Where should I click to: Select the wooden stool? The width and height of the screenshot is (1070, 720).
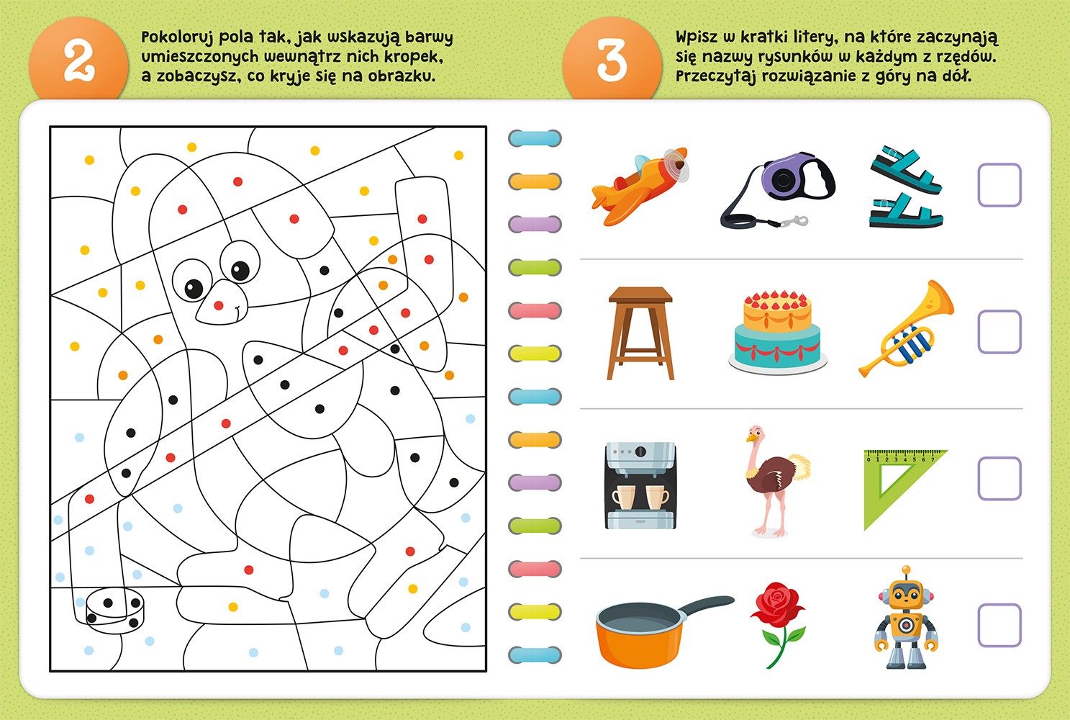coord(640,333)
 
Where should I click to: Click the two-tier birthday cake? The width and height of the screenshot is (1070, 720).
coord(777,331)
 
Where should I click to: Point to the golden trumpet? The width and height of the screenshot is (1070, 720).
coord(906,330)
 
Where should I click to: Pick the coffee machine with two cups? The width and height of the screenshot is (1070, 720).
coord(640,485)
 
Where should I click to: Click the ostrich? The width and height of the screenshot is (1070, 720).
coord(776,480)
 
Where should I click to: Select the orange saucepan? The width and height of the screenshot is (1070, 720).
coord(661,631)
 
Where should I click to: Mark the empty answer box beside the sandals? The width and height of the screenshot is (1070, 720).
coord(999,185)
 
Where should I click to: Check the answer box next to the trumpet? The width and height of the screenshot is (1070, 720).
coord(999,332)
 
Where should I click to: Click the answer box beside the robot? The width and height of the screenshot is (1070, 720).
coord(999,626)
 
